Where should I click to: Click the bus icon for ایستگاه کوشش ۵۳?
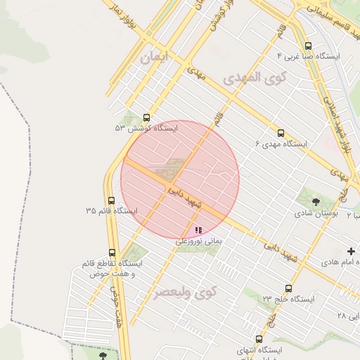pos(146,118)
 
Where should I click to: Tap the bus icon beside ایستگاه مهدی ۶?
pos(281,133)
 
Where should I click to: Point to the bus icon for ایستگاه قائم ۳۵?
pos(111,200)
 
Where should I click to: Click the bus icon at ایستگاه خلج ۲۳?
pos(288,288)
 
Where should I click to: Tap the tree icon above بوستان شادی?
pos(315,202)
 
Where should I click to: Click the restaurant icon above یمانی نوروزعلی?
pos(198,230)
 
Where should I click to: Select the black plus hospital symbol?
pos(351,251)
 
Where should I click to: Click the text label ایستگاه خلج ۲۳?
pos(289,299)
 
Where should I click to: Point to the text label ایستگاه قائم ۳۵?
pos(112,211)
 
